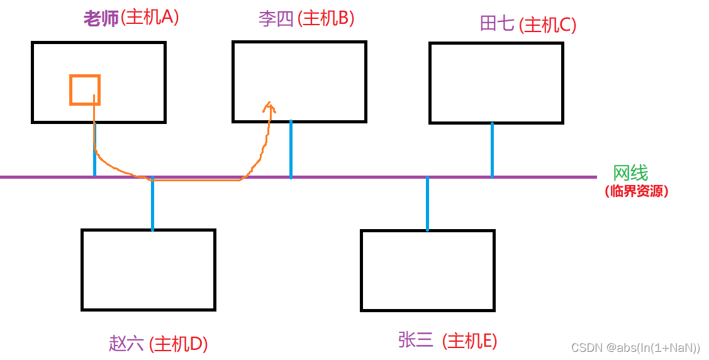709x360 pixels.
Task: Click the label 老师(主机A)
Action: [131, 18]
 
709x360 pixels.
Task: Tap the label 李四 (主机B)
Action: [306, 19]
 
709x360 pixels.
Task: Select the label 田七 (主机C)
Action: [527, 25]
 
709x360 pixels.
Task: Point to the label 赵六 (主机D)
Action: [158, 344]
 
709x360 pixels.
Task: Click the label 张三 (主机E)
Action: [447, 340]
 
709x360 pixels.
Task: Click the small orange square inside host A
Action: [84, 90]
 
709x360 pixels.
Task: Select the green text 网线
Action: [630, 173]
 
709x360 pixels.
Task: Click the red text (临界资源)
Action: [636, 191]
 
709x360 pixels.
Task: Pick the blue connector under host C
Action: [492, 150]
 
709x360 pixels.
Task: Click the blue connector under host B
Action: [291, 150]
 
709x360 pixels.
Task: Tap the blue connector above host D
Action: [152, 204]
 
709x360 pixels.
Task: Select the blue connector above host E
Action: [427, 204]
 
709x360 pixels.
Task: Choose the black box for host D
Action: [148, 269]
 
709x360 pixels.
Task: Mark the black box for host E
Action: [427, 270]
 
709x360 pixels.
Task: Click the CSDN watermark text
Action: [635, 347]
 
